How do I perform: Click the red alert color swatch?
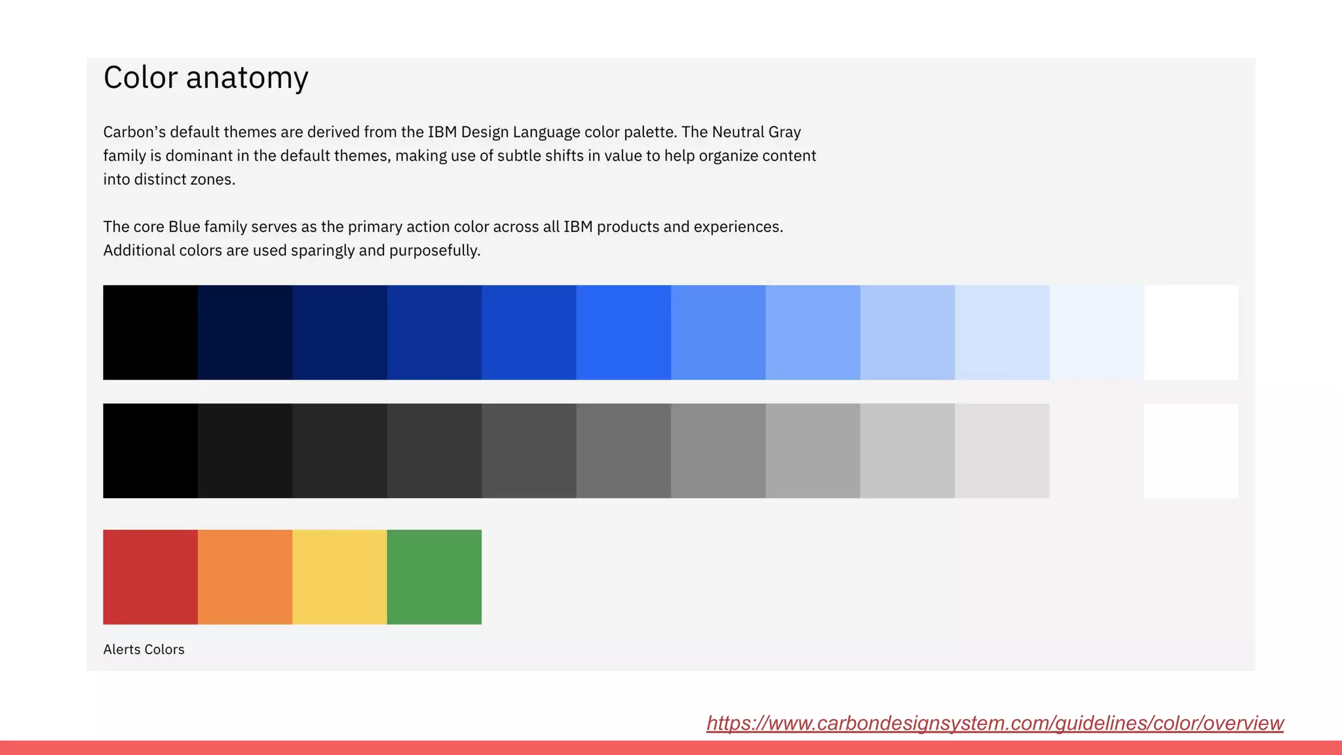[x=150, y=577]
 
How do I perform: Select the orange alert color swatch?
[x=245, y=577]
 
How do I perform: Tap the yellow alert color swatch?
[x=339, y=577]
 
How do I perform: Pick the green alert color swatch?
[x=434, y=577]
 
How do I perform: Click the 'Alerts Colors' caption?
[x=144, y=649]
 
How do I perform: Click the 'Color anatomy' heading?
[x=206, y=77]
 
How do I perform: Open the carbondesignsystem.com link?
[x=995, y=723]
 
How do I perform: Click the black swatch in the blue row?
[x=150, y=332]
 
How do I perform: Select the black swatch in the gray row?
[x=150, y=451]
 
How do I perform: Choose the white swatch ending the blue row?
[x=1191, y=332]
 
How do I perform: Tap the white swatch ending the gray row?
[x=1191, y=451]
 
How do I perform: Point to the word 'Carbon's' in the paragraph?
[x=134, y=132]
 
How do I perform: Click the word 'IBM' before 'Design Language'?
[x=442, y=132]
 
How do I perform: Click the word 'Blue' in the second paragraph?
[x=184, y=227]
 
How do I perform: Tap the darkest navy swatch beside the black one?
[x=245, y=332]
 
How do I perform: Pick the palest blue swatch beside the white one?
[x=1097, y=332]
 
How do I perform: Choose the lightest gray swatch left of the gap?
[x=1002, y=451]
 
